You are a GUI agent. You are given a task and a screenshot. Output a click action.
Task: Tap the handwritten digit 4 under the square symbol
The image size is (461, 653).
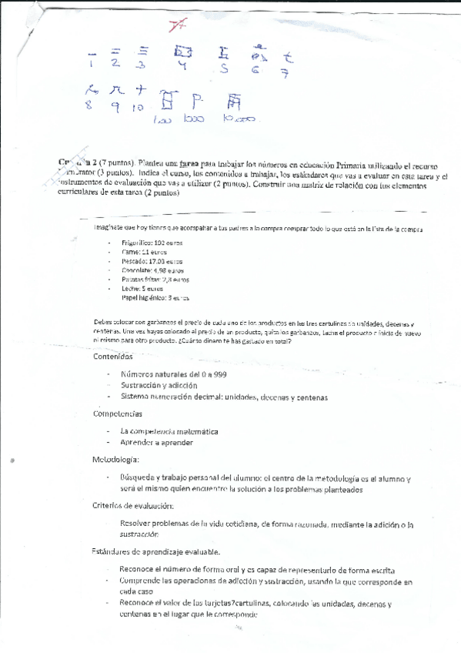pyautogui.click(x=182, y=66)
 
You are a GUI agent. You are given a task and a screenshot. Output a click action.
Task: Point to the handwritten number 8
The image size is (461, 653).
pyautogui.click(x=89, y=105)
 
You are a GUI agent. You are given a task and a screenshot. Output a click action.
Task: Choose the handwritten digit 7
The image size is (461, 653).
pyautogui.click(x=286, y=73)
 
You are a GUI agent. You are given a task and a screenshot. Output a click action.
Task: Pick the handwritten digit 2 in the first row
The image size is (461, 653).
pyautogui.click(x=115, y=64)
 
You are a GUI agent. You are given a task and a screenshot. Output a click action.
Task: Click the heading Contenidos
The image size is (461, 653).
pyautogui.click(x=112, y=357)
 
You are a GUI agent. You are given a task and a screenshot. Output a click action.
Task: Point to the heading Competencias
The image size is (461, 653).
pyautogui.click(x=116, y=414)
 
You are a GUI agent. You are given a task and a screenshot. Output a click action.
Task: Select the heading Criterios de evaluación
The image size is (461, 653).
pyautogui.click(x=132, y=505)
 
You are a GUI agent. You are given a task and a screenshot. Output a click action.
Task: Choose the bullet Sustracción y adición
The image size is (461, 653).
pyautogui.click(x=159, y=385)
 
